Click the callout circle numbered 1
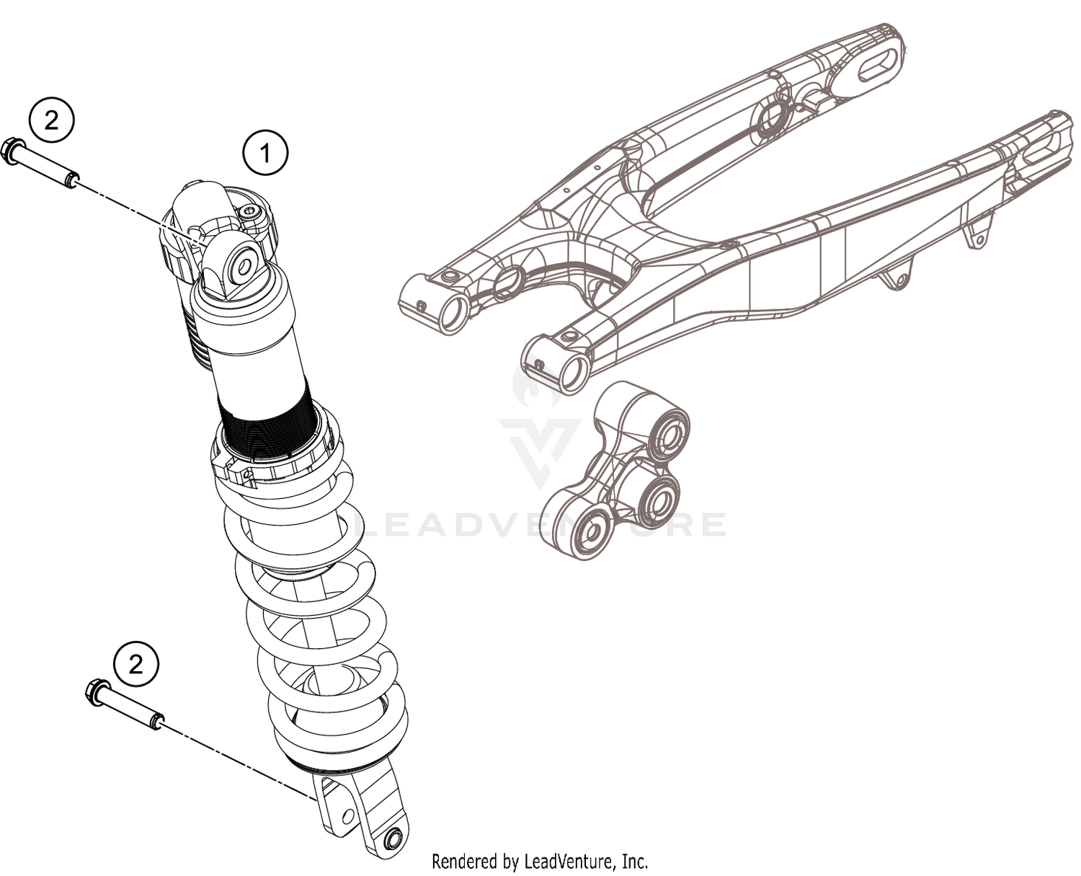264,153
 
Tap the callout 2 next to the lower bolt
136,663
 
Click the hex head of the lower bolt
96,693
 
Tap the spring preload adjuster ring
274,461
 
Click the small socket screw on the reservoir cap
250,211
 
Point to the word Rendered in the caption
464,861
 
